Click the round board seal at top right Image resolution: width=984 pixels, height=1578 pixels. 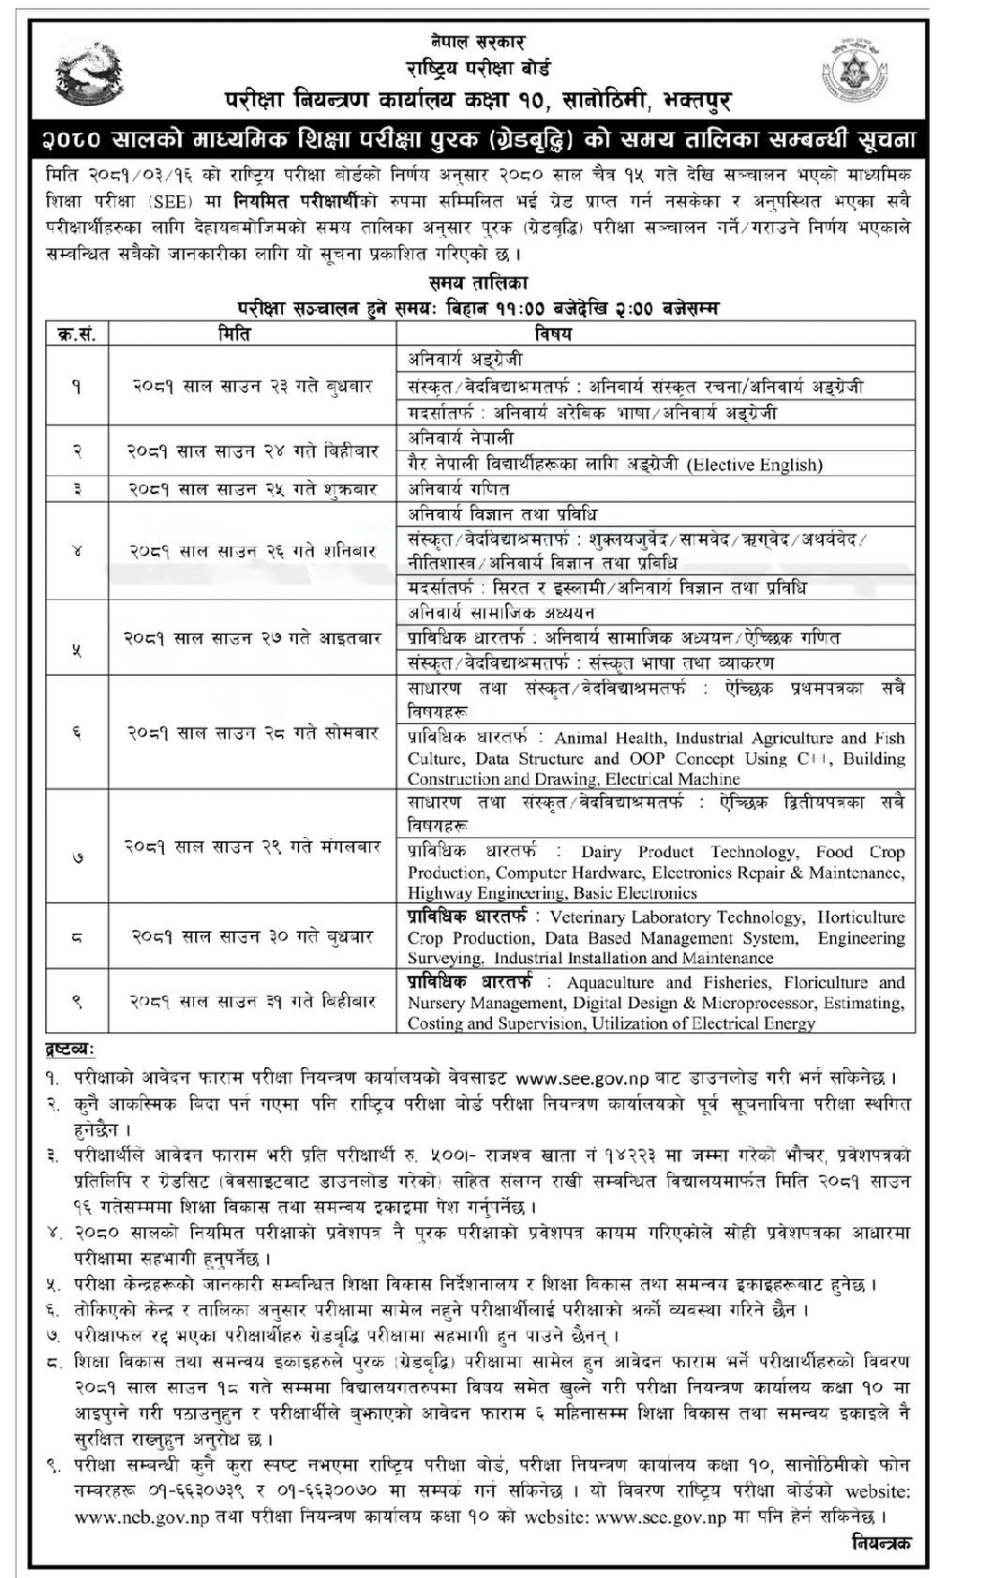pos(855,70)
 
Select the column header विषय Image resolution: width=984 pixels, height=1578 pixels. pos(553,334)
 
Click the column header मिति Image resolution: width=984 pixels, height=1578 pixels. pos(234,334)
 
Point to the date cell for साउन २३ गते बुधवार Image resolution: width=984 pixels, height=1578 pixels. pos(251,386)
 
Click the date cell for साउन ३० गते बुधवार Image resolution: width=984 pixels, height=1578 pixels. pos(251,937)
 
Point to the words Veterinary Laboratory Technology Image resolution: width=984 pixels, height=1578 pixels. pos(676,918)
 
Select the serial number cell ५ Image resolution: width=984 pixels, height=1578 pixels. pos(77,650)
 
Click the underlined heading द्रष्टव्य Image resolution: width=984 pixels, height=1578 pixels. pos(70,1050)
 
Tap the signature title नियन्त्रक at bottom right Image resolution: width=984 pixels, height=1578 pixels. pos(881,1543)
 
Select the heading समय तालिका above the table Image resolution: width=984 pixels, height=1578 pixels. pos(479,282)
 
